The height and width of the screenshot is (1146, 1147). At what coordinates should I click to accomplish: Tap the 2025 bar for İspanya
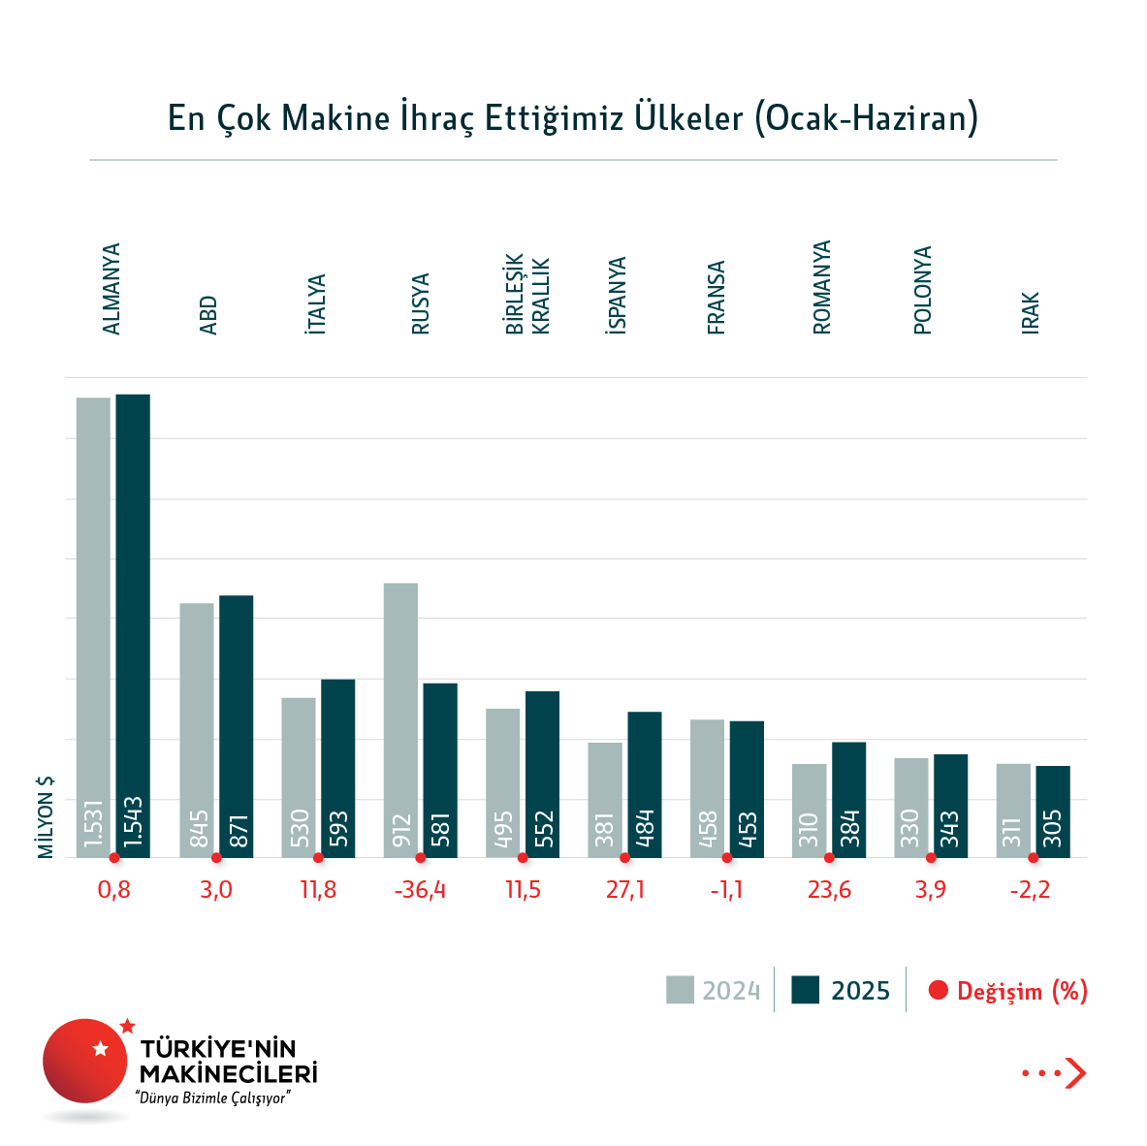pos(645,784)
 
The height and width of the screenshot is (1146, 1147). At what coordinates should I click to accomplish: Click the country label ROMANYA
pos(822,287)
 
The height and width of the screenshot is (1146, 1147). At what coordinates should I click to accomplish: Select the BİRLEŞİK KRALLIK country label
pos(527,295)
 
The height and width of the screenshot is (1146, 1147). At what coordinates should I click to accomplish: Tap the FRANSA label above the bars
pos(717,298)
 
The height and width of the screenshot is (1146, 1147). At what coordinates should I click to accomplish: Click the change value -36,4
pos(420,890)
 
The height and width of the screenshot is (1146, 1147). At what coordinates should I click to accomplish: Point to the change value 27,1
pos(624,890)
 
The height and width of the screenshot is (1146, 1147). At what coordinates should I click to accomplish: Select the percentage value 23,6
pos(829,890)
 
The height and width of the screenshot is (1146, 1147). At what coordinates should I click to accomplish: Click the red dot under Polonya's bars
pos(931,858)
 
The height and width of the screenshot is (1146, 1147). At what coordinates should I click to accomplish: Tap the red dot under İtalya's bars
pos(318,858)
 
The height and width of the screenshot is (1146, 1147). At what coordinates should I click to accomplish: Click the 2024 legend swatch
pos(680,990)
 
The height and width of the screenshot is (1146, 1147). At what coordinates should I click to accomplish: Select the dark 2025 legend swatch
pos(806,990)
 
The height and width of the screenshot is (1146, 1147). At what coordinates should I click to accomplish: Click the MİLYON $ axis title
pos(46,816)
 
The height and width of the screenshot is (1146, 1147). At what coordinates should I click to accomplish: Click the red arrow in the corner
pos(1074,1072)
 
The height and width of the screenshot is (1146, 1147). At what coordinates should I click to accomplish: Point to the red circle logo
pos(85,1061)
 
